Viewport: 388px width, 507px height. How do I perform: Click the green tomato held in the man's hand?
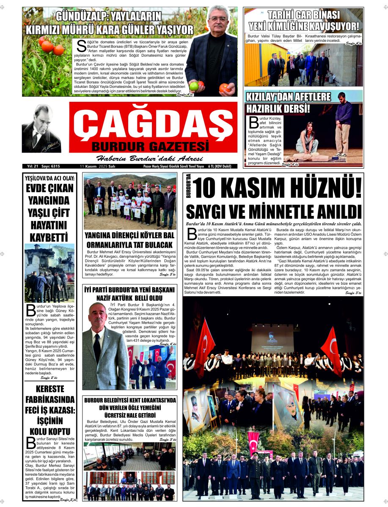[x=194, y=86]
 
